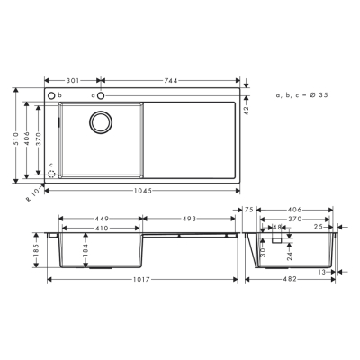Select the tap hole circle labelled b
[x=50, y=94]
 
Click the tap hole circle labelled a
[x=102, y=94]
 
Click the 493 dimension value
[x=189, y=217]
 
